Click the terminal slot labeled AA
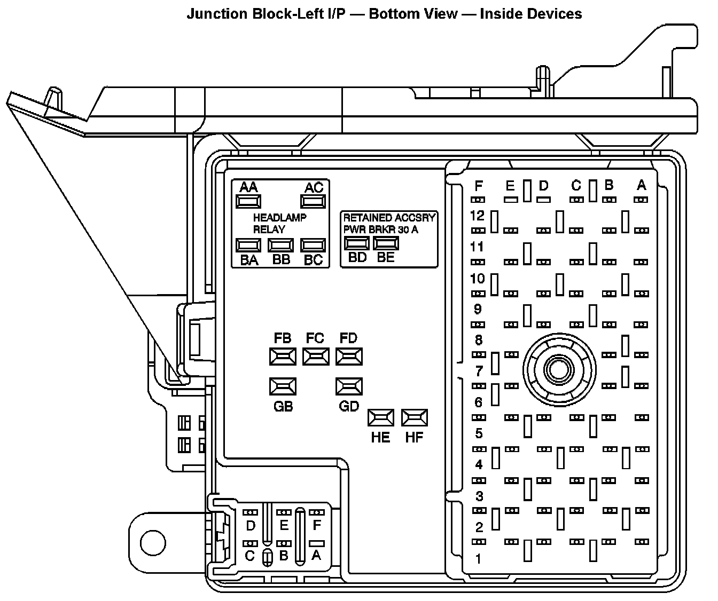coord(248,201)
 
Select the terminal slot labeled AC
coord(314,201)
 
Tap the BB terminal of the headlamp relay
coord(281,245)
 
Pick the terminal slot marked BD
coord(356,243)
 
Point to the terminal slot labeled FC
coord(316,356)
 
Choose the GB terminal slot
coord(283,386)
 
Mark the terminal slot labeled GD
coord(349,386)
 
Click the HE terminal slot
coord(381,417)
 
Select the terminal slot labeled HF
coord(415,417)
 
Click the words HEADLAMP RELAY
coord(279,224)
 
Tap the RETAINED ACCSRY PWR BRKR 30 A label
coord(389,224)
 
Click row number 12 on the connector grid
coord(477,216)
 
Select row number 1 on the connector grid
coord(478,559)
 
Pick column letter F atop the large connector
coord(479,186)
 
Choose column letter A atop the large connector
coord(642,185)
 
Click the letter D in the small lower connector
coord(251,526)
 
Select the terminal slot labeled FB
coord(283,356)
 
